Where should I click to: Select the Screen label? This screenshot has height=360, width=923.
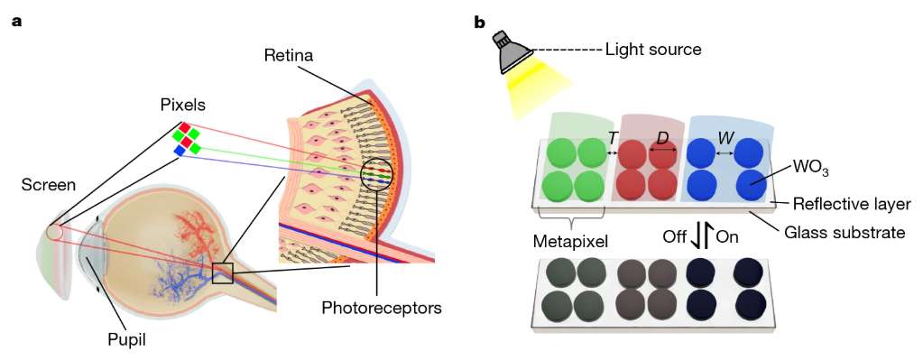49,185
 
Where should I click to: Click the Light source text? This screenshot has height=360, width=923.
653,50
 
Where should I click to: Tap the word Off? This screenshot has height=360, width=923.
675,237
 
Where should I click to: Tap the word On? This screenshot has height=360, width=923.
727,237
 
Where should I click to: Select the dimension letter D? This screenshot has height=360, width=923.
662,139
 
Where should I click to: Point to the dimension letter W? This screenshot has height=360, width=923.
725,139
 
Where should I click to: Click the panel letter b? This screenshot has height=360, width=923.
480,23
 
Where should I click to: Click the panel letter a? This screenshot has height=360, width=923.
16,23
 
